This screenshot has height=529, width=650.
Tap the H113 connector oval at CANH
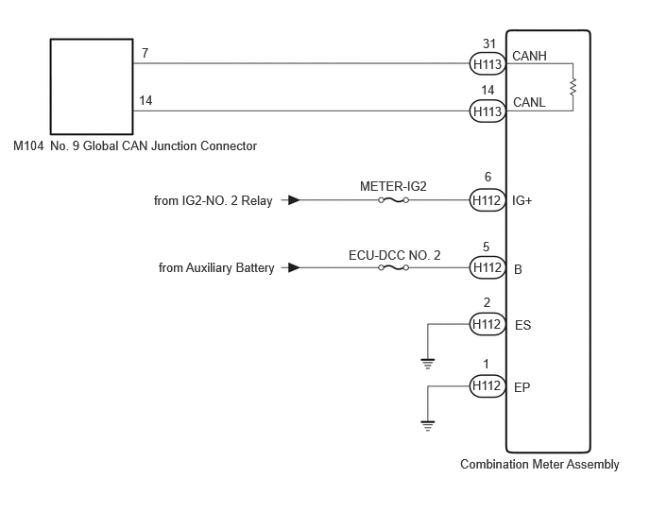[x=487, y=64]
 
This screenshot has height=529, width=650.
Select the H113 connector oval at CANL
[x=487, y=111]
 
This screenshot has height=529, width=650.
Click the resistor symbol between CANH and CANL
[x=573, y=87]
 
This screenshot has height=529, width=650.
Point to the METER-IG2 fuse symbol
[x=393, y=200]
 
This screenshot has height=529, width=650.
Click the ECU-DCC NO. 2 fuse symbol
[x=393, y=268]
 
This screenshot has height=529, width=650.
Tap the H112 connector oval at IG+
[x=487, y=200]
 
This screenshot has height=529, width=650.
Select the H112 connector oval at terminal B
[x=487, y=268]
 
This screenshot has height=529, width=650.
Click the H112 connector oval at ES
[x=487, y=324]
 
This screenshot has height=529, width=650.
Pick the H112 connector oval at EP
[x=487, y=386]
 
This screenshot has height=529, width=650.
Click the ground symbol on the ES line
[x=428, y=364]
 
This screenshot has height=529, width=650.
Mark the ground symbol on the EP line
[x=428, y=426]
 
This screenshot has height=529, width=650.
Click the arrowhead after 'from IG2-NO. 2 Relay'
[x=294, y=200]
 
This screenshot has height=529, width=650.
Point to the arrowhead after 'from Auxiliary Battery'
[x=294, y=268]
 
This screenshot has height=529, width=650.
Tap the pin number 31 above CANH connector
[x=489, y=43]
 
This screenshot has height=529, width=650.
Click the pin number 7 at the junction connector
[x=145, y=53]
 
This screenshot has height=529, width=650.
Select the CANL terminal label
[x=529, y=102]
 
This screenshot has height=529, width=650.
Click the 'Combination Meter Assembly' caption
[x=539, y=465]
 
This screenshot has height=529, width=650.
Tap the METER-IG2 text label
[x=393, y=186]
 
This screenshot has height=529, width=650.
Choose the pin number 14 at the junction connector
[x=145, y=100]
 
